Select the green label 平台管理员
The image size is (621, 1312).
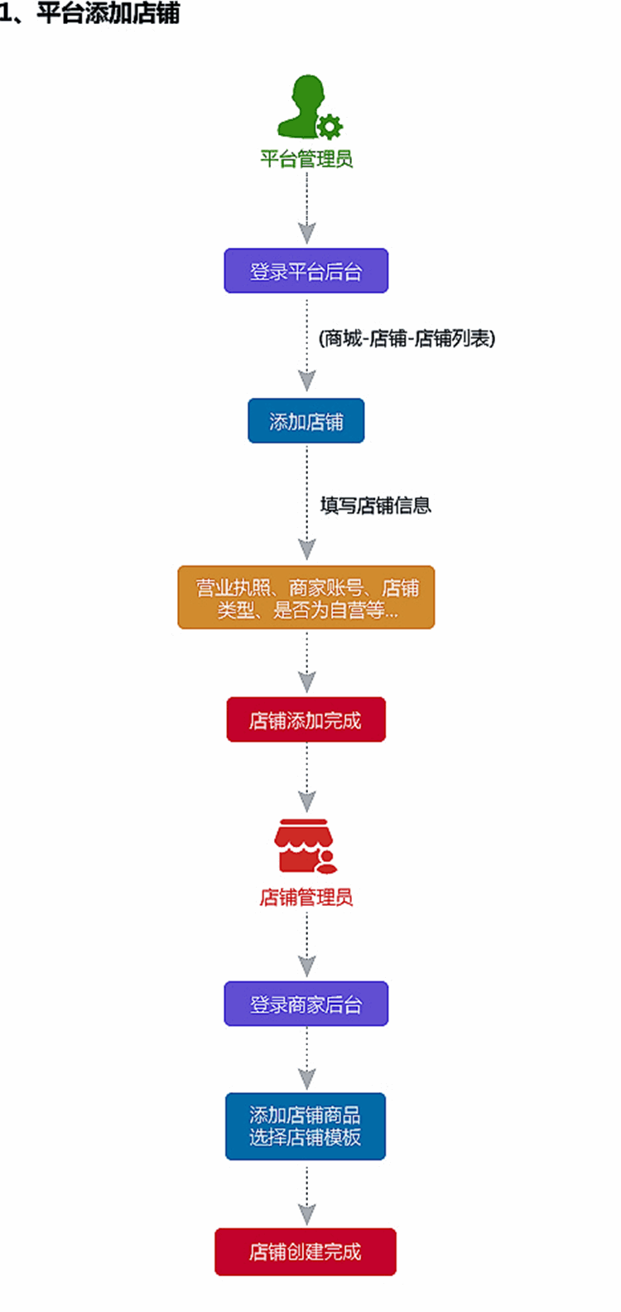coord(306,158)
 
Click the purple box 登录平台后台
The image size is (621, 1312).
coord(306,271)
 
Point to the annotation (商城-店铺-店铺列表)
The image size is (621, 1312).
coord(407,338)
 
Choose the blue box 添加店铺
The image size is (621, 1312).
coord(306,422)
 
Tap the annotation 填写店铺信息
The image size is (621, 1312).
coord(376,506)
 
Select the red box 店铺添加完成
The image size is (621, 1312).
coord(306,720)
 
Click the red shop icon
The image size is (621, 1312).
coord(304,846)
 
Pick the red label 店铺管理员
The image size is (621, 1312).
coord(306,897)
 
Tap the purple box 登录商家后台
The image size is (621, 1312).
coord(306,1005)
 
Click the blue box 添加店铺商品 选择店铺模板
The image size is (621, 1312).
coord(306,1126)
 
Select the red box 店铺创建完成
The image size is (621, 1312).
coord(306,1251)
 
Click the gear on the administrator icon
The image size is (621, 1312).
coord(330,126)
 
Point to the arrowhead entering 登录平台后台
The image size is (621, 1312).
coord(307,233)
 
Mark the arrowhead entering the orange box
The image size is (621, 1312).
coord(307,549)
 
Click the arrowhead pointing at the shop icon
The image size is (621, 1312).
coord(307,801)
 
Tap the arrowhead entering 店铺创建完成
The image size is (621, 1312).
coord(307,1214)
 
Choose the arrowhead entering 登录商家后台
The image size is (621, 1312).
coord(307,966)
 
